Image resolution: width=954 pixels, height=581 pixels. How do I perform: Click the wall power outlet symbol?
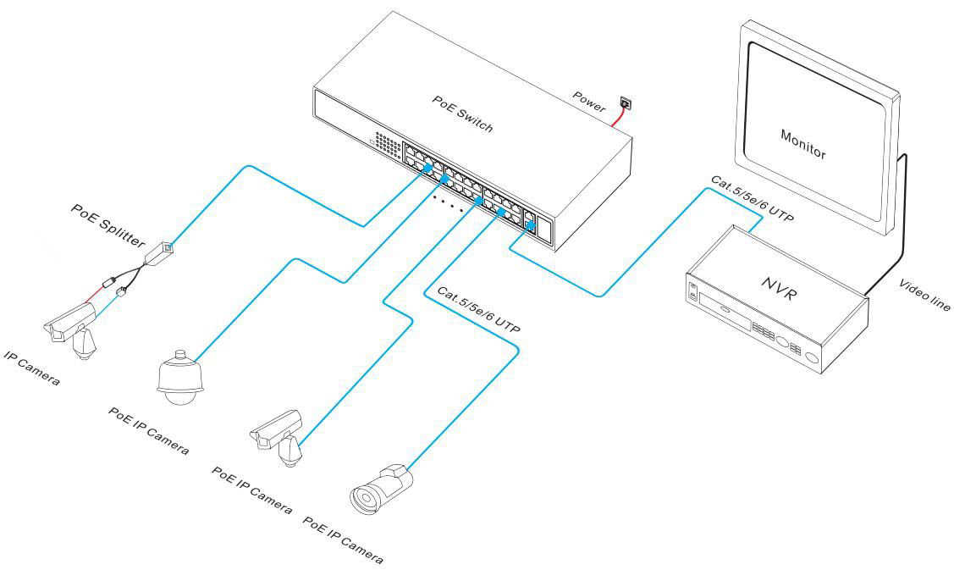coord(626,103)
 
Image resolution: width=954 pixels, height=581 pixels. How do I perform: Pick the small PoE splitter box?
coord(160,252)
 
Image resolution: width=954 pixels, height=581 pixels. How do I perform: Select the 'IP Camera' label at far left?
coord(32,366)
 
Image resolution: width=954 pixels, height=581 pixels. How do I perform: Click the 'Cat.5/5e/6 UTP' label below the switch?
coord(478,310)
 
